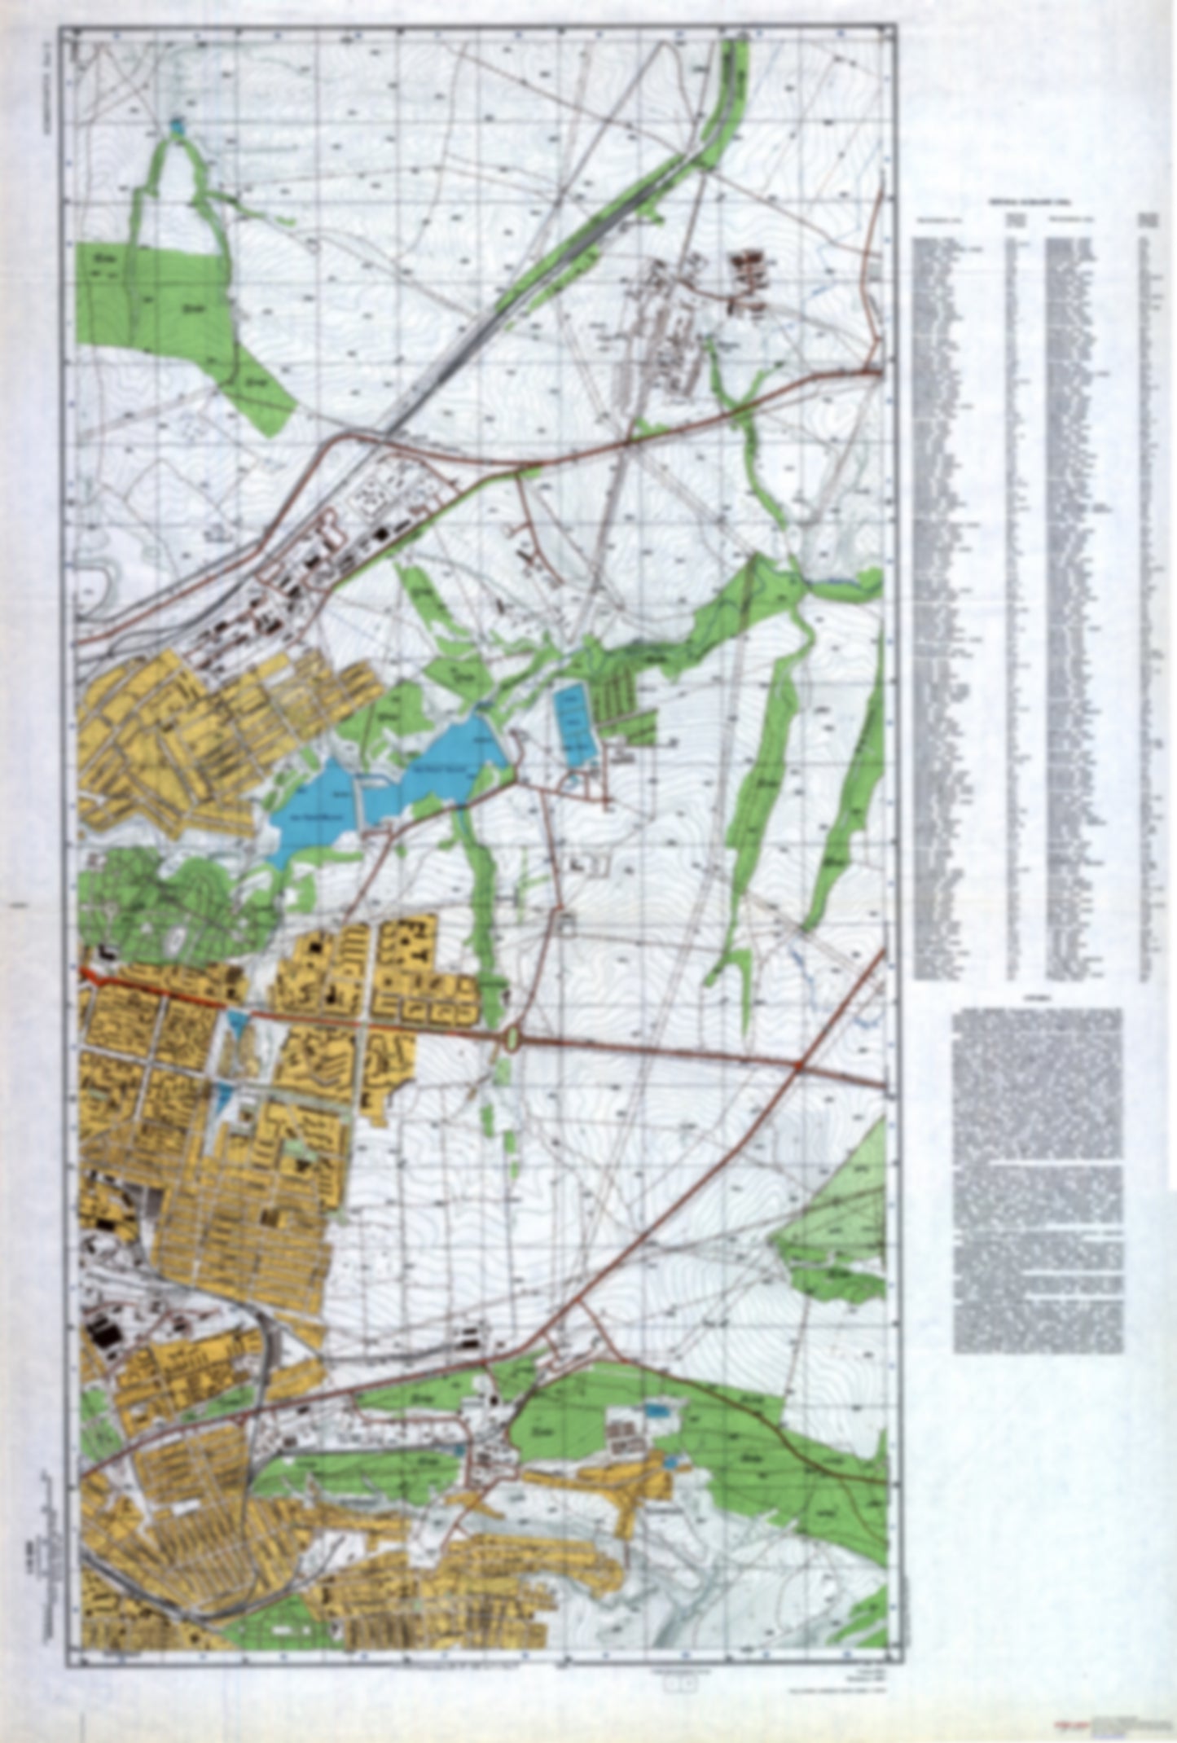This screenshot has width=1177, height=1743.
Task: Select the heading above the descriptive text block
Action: click(x=1035, y=999)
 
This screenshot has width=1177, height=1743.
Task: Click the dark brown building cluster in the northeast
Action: click(x=750, y=273)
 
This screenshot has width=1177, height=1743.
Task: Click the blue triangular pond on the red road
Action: click(x=235, y=1021)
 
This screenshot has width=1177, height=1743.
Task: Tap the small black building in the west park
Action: click(x=107, y=951)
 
